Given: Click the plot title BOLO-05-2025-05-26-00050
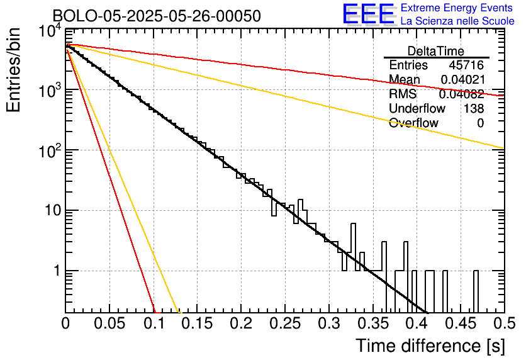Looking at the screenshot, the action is pyautogui.click(x=157, y=16).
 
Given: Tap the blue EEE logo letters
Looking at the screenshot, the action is pyautogui.click(x=368, y=13).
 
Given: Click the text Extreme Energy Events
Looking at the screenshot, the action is pyautogui.click(x=457, y=8).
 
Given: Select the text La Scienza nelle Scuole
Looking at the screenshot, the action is pyautogui.click(x=457, y=21).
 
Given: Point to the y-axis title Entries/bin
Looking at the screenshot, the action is pyautogui.click(x=13, y=70).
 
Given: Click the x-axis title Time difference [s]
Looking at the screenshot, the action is pyautogui.click(x=430, y=346).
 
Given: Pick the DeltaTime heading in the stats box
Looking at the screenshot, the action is pyautogui.click(x=436, y=51).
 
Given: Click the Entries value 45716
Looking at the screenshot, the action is pyautogui.click(x=466, y=65).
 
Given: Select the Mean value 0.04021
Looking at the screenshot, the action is pyautogui.click(x=462, y=79).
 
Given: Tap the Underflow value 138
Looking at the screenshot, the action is pyautogui.click(x=474, y=108).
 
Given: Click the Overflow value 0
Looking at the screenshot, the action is pyautogui.click(x=480, y=123).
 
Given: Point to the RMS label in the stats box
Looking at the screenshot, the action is pyautogui.click(x=403, y=94).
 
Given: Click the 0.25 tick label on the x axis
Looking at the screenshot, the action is pyautogui.click(x=285, y=323).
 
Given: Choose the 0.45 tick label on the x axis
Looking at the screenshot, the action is pyautogui.click(x=461, y=323).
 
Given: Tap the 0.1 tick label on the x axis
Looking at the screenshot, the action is pyautogui.click(x=154, y=323).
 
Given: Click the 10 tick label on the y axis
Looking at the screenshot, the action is pyautogui.click(x=53, y=211).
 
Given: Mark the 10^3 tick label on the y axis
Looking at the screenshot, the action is pyautogui.click(x=50, y=89).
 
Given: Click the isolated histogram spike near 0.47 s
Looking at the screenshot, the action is pyautogui.click(x=476, y=291).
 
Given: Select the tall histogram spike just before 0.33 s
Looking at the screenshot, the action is pyautogui.click(x=353, y=247).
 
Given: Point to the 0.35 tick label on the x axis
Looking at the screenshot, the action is pyautogui.click(x=372, y=323).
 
